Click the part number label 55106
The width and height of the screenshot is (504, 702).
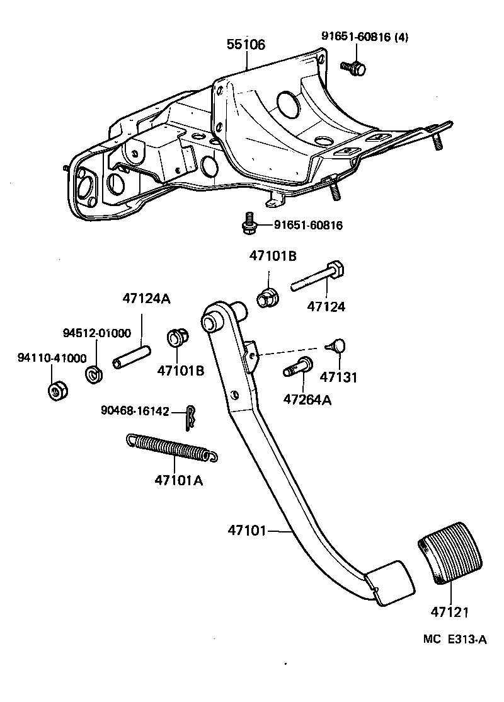[x=246, y=45]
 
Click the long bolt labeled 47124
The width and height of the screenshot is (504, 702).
[x=317, y=281]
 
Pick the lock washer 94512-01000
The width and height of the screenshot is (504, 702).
[x=94, y=374]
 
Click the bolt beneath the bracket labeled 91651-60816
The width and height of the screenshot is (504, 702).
[x=249, y=224]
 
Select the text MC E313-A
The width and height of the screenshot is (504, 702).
[x=455, y=640]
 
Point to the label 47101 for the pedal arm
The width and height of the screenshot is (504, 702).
[x=248, y=531]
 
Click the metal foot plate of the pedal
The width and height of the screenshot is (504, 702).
[x=391, y=583]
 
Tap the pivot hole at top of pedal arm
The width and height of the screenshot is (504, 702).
[x=210, y=324]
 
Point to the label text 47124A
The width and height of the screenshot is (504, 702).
[x=146, y=300]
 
